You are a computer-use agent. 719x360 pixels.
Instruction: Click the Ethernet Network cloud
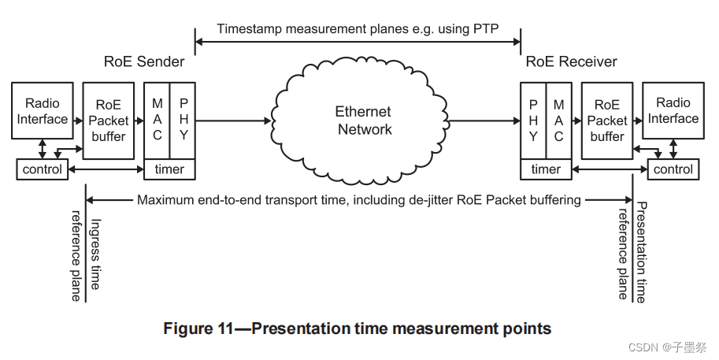364,121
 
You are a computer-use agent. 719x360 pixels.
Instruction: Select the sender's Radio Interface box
42,112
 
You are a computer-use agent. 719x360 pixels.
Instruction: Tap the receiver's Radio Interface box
673,112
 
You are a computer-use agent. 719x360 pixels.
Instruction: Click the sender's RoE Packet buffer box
108,121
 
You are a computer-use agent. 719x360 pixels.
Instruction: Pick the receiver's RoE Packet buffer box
606,121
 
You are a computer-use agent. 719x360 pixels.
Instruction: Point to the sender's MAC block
157,120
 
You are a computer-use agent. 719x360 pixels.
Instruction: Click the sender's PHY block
183,120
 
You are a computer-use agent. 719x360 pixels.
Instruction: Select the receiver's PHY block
533,120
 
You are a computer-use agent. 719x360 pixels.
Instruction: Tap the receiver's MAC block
558,120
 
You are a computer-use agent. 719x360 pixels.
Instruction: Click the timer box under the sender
169,169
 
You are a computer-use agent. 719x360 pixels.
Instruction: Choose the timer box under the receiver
546,169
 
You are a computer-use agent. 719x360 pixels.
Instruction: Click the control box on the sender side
42,169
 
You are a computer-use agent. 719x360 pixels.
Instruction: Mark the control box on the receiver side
673,169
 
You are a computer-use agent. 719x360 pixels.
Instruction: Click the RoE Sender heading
144,61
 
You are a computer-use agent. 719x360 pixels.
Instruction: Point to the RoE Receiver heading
571,61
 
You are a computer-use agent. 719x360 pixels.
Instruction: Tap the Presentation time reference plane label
632,252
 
